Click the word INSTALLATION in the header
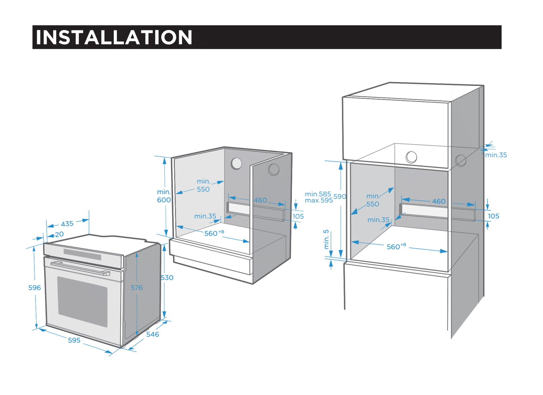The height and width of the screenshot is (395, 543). point(114,37)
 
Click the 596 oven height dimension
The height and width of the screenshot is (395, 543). point(35,288)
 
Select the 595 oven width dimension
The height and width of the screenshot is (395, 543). point(74,340)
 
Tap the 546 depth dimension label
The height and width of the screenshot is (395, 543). point(153,334)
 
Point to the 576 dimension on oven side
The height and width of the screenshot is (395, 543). point(137,288)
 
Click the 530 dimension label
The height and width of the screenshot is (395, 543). point(167,278)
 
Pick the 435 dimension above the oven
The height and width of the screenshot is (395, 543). point(67,224)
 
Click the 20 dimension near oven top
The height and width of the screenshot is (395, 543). point(59,234)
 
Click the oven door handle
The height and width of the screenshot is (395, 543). point(80,268)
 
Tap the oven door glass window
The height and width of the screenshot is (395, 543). point(82,301)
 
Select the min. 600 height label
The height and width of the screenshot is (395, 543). point(164,196)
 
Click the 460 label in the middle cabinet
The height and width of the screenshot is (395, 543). point(260,200)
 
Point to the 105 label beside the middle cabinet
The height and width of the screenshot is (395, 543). point(298,216)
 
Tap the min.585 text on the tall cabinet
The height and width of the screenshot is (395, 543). point(318,194)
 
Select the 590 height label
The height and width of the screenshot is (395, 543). point(340,196)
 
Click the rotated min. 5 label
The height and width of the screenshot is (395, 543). point(326,239)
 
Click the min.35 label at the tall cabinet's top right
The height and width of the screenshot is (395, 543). point(496,155)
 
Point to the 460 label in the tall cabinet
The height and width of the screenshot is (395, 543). point(439,201)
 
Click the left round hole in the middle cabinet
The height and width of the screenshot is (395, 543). point(236,163)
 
